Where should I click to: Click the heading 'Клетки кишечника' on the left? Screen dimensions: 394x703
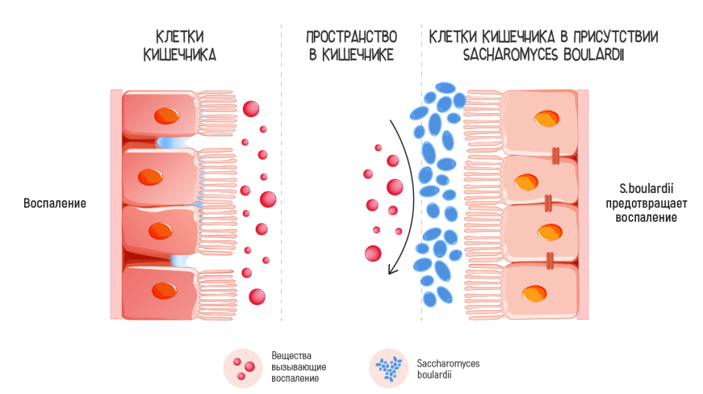coord(180,46)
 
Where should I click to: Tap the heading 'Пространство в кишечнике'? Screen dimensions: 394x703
coord(351,46)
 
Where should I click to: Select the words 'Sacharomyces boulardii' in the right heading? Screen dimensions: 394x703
coord(544,55)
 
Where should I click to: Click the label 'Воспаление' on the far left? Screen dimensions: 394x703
coord(55,203)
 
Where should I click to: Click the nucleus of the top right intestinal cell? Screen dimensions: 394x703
coord(545,119)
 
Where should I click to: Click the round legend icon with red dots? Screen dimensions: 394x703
coord(242,367)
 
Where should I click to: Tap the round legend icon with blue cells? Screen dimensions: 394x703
coord(388,367)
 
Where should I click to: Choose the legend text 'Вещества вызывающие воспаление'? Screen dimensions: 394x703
coord(299,367)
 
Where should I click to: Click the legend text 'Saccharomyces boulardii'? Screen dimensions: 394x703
coord(448,368)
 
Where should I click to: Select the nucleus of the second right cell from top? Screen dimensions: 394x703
coord(525,183)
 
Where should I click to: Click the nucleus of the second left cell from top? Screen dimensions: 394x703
coord(150,176)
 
